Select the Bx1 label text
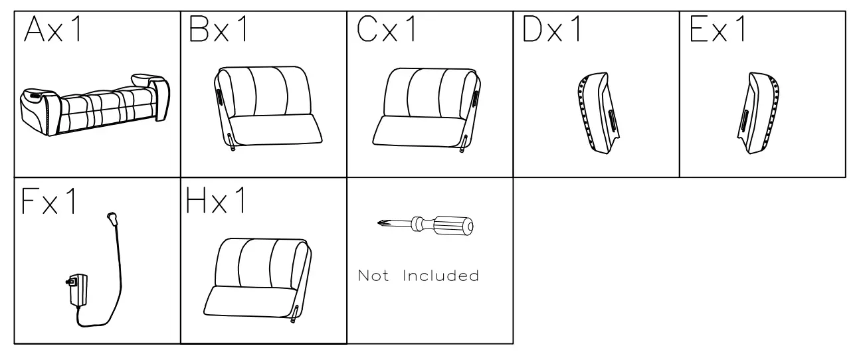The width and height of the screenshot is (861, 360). point(219,31)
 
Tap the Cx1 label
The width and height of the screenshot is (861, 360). point(385,31)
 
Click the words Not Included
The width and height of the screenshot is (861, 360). point(419,275)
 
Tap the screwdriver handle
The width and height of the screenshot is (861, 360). point(455,225)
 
